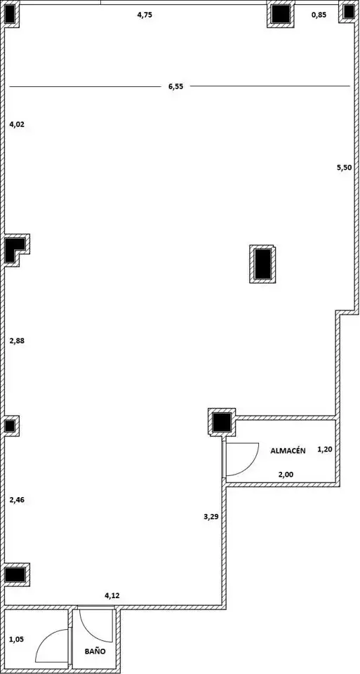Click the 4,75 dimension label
[145, 15]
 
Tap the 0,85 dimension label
[319, 15]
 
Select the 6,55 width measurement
[175, 86]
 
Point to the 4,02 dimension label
[17, 125]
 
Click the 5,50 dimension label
[344, 168]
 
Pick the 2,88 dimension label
[17, 341]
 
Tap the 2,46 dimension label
[17, 500]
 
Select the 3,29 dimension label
[211, 517]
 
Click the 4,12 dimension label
[112, 596]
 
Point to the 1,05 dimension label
[17, 639]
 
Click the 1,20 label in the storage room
[325, 449]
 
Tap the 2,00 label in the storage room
[286, 475]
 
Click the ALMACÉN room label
[288, 451]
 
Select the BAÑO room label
[95, 652]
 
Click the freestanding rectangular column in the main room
[262, 264]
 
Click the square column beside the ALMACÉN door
[222, 422]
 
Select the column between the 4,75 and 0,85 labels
[281, 14]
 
